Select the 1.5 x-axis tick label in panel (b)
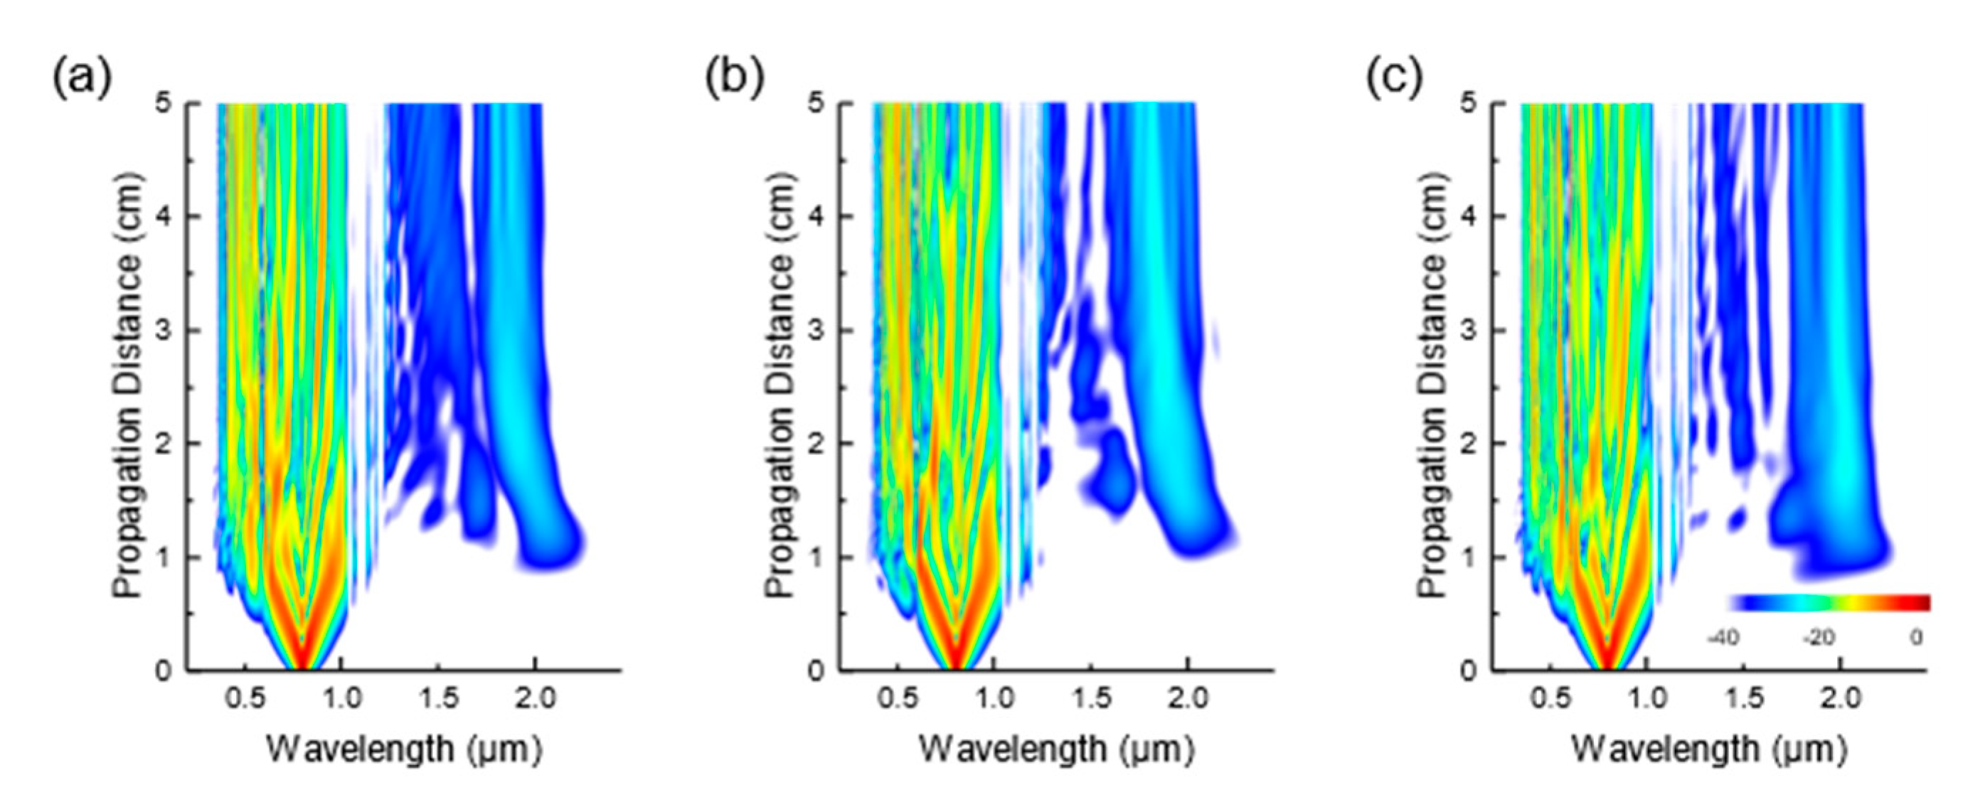point(1091,698)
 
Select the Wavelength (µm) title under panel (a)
point(404,750)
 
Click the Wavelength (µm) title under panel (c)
point(1709,750)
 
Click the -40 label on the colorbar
point(1723,636)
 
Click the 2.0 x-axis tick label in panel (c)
point(1841,698)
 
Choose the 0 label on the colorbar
point(1915,636)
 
